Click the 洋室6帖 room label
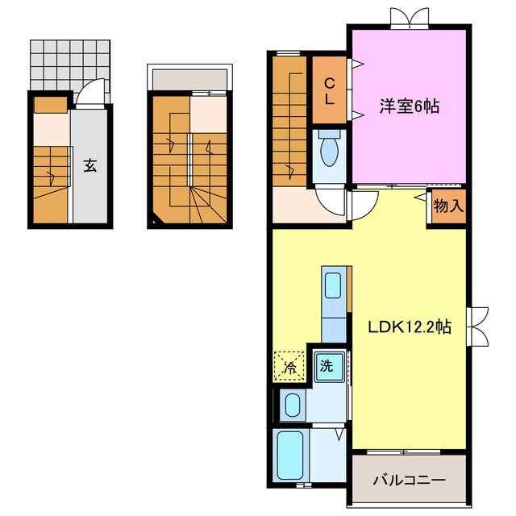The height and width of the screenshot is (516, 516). [410, 106]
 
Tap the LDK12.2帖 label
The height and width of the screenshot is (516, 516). [410, 327]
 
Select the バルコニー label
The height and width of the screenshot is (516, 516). [409, 481]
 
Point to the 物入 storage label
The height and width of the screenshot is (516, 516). [448, 206]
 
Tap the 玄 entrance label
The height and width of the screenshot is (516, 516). [89, 164]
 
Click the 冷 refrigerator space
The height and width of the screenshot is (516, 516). [289, 367]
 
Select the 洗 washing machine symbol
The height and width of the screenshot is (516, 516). [329, 367]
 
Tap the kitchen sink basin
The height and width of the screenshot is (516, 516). [333, 285]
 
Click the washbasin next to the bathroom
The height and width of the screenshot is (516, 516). [293, 405]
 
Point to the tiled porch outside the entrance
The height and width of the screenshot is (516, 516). [70, 65]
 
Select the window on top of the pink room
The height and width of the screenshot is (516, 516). [410, 17]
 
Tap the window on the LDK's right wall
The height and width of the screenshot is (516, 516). [477, 327]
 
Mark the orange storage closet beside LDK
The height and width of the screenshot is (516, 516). [448, 206]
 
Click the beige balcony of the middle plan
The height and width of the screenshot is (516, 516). [190, 79]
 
